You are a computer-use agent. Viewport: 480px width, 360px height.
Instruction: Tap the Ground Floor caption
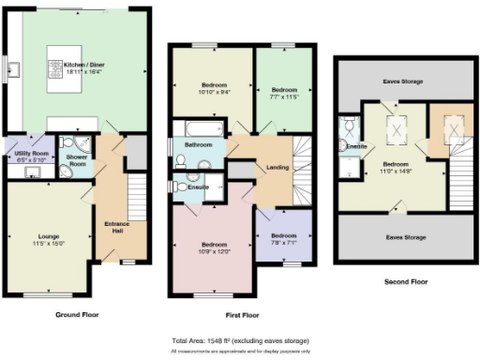(x=77, y=315)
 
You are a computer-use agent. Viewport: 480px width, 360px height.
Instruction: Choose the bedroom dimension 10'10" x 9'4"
(x=209, y=92)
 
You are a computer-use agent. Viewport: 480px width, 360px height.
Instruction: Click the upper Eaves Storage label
(x=402, y=82)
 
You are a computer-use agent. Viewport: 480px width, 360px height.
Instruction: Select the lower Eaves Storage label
(x=403, y=237)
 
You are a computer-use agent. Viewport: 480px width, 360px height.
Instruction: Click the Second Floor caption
(x=407, y=280)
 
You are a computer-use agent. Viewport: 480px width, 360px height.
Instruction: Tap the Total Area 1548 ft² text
(x=241, y=340)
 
